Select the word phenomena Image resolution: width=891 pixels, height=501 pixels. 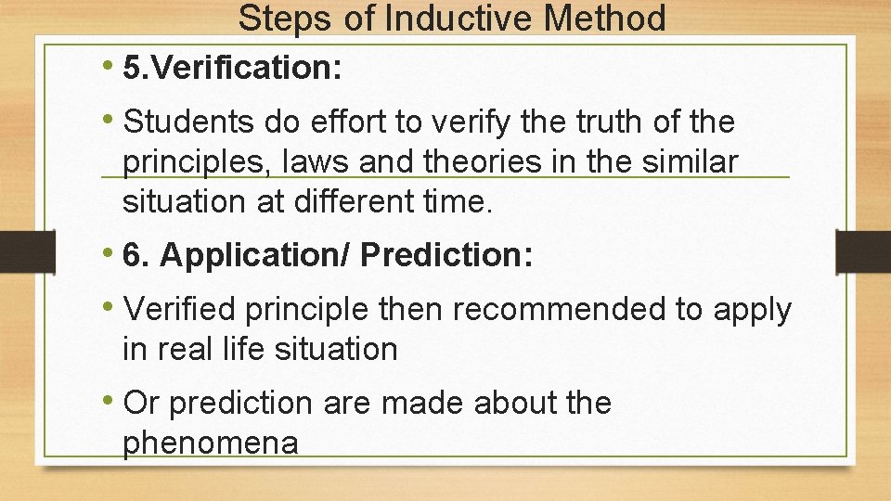211,443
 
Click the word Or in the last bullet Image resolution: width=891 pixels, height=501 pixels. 141,403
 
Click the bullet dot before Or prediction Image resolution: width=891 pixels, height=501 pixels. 110,403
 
